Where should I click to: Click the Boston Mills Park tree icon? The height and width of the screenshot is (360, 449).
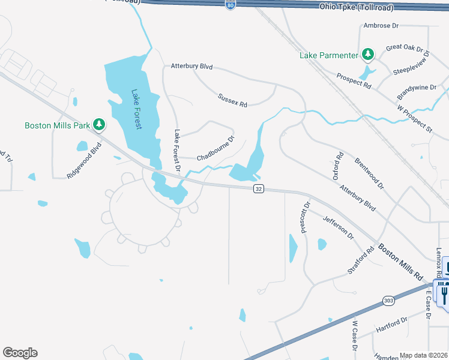[99, 125]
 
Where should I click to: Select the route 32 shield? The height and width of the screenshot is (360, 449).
[259, 188]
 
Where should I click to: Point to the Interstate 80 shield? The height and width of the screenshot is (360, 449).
[231, 5]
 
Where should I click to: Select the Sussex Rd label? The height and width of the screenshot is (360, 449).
[232, 100]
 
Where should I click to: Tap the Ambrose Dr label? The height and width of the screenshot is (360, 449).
[381, 26]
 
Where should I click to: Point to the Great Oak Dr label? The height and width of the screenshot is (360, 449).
[405, 47]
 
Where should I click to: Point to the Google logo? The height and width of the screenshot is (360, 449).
[20, 353]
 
